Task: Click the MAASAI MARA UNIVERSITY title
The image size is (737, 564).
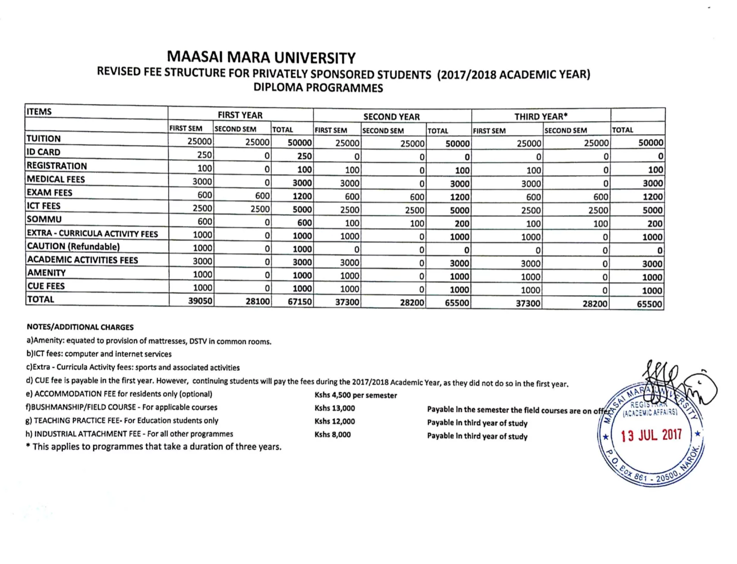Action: tap(261, 57)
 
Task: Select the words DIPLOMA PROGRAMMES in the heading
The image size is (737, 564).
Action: tap(318, 88)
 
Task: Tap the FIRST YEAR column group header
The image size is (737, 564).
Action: tap(240, 115)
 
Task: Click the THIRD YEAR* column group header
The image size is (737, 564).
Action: tap(541, 116)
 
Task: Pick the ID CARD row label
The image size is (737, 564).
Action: tap(44, 152)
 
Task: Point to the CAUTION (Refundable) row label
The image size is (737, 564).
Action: tap(73, 247)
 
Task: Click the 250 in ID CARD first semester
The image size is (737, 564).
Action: tap(204, 155)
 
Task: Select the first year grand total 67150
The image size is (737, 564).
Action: tap(299, 301)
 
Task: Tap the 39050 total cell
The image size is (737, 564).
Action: tap(200, 301)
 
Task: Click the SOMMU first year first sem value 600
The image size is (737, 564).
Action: tap(205, 222)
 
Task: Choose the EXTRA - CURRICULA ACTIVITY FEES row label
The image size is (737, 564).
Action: tap(92, 234)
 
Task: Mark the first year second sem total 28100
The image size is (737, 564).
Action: tap(257, 301)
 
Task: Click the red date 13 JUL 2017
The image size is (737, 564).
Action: tap(651, 435)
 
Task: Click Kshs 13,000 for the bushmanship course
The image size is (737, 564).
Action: tap(334, 408)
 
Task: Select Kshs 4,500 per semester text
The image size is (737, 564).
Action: tap(356, 395)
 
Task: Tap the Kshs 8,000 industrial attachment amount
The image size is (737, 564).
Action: tap(332, 435)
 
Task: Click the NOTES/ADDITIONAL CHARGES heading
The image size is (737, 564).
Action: tap(80, 327)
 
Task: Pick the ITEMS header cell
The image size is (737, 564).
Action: tap(39, 112)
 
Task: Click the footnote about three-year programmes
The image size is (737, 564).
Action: tap(154, 447)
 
